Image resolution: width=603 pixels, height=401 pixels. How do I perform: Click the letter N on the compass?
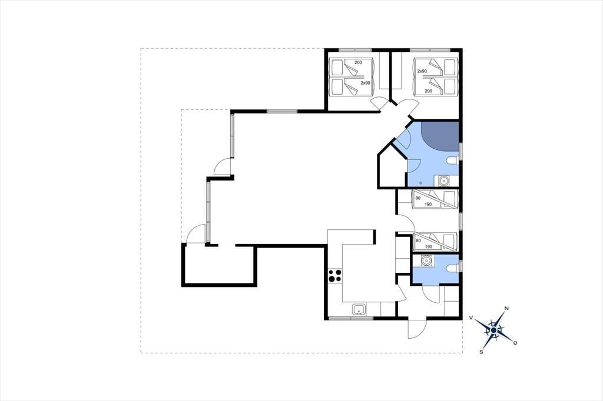coord(506,308)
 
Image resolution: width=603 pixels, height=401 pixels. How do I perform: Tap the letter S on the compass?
coord(481,352)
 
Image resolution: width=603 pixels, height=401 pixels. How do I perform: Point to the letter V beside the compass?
coord(471,318)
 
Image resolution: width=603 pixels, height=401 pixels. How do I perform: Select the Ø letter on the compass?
coord(515,343)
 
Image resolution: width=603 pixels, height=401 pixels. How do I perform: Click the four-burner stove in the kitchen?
coord(334,275)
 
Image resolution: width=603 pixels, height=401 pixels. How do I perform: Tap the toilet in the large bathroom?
coord(453,161)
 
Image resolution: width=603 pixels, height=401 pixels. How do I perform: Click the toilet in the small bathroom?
coord(453,268)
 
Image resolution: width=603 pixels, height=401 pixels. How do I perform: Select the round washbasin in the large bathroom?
coord(443,180)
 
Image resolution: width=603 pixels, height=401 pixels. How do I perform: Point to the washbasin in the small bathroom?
coord(426,261)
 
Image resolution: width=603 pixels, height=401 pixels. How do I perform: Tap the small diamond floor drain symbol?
coord(421,183)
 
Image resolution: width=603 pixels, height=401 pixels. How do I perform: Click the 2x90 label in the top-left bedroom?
coord(365,82)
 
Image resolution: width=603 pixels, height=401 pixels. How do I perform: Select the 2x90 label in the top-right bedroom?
coord(422,71)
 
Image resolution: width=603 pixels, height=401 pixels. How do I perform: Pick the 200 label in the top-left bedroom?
coord(358,62)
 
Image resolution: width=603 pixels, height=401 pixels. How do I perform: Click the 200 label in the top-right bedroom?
coord(429,91)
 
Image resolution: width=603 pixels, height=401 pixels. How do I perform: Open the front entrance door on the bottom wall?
coord(417,329)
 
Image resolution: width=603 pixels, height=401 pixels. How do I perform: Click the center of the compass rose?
coord(493,330)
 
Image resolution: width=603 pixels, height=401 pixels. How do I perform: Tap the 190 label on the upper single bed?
coord(428,204)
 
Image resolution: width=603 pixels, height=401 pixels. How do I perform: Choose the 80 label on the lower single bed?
coord(418,240)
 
